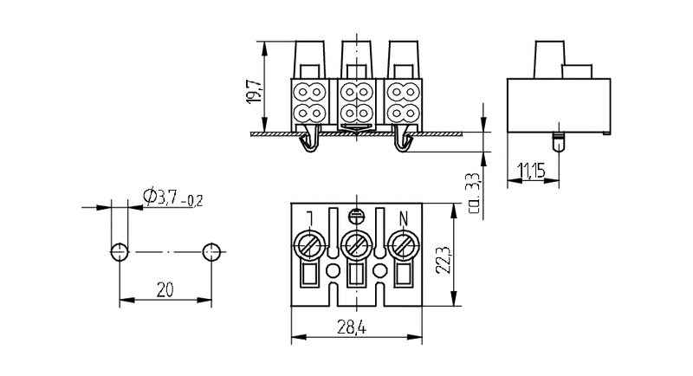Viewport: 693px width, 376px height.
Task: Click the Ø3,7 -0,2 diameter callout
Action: point(170,198)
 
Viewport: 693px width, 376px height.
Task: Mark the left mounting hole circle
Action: point(119,252)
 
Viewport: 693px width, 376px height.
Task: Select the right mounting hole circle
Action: point(210,252)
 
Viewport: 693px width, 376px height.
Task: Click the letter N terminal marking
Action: point(402,218)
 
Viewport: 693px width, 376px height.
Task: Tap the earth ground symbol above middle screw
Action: point(354,217)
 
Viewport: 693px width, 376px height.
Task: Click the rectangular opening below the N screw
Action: point(401,275)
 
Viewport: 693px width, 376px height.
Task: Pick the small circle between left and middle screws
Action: point(332,270)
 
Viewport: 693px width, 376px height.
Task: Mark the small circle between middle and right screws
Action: point(378,270)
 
